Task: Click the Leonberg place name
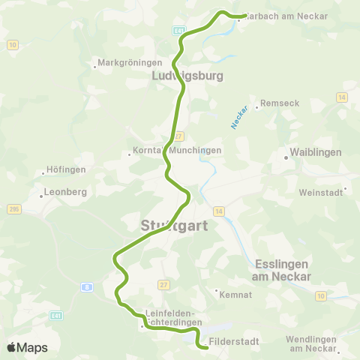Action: [66, 191]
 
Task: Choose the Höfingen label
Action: [66, 169]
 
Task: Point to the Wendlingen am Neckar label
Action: [314, 344]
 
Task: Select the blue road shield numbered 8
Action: [87, 286]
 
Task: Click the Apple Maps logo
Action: [26, 347]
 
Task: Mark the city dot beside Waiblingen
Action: [286, 157]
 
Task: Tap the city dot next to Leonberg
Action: [40, 197]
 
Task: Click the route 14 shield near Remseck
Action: [341, 97]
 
